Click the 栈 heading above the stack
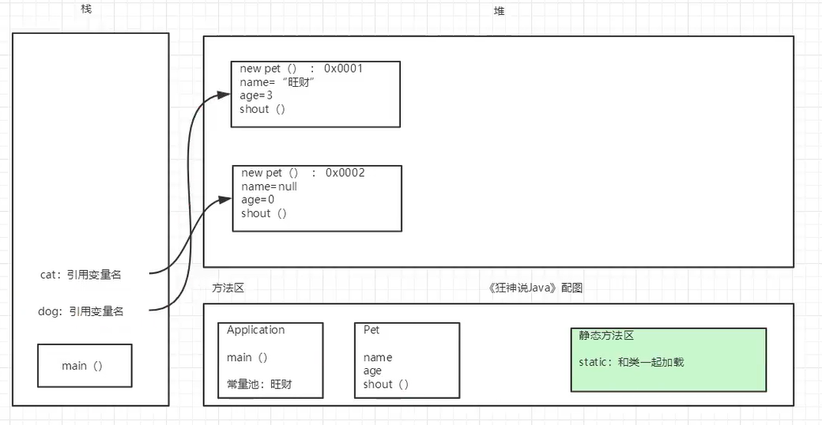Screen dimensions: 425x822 [86, 9]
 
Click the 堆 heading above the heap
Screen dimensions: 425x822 [499, 11]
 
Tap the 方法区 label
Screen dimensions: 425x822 [228, 288]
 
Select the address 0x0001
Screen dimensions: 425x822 [343, 69]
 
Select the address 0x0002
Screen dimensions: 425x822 [345, 173]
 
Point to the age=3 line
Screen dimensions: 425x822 [256, 96]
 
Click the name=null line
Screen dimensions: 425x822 [269, 186]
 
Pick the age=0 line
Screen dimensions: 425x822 [258, 200]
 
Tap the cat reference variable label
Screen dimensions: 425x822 [81, 275]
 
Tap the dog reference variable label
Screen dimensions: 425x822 [81, 311]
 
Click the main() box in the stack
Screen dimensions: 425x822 [84, 366]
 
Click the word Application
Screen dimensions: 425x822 [255, 330]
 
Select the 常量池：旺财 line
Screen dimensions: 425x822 [260, 385]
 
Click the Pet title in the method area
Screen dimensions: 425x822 [371, 330]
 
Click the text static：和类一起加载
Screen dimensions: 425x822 [631, 363]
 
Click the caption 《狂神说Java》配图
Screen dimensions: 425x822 [536, 288]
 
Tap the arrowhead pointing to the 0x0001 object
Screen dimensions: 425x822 [224, 94]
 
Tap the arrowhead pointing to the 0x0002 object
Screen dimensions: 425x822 [225, 200]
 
